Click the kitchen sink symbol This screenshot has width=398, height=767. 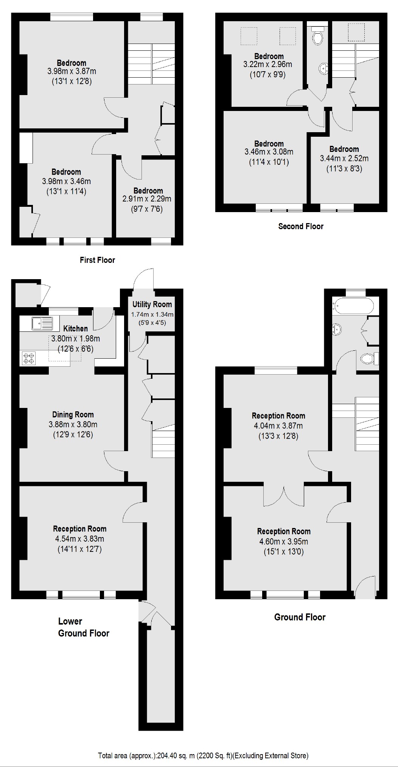[x=42, y=323]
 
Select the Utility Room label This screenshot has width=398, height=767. [x=152, y=304]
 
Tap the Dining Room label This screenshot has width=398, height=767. [x=73, y=414]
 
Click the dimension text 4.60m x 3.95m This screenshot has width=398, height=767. [x=284, y=542]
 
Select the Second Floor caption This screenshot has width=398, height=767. [x=301, y=227]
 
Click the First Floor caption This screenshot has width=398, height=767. [x=97, y=260]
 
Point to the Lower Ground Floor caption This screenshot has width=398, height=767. [x=83, y=627]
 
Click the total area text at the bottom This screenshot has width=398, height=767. [x=203, y=756]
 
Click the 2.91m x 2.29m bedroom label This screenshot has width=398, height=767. [x=148, y=195]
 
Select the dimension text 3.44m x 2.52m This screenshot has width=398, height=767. [x=344, y=158]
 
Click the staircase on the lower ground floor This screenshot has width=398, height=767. [x=163, y=441]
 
